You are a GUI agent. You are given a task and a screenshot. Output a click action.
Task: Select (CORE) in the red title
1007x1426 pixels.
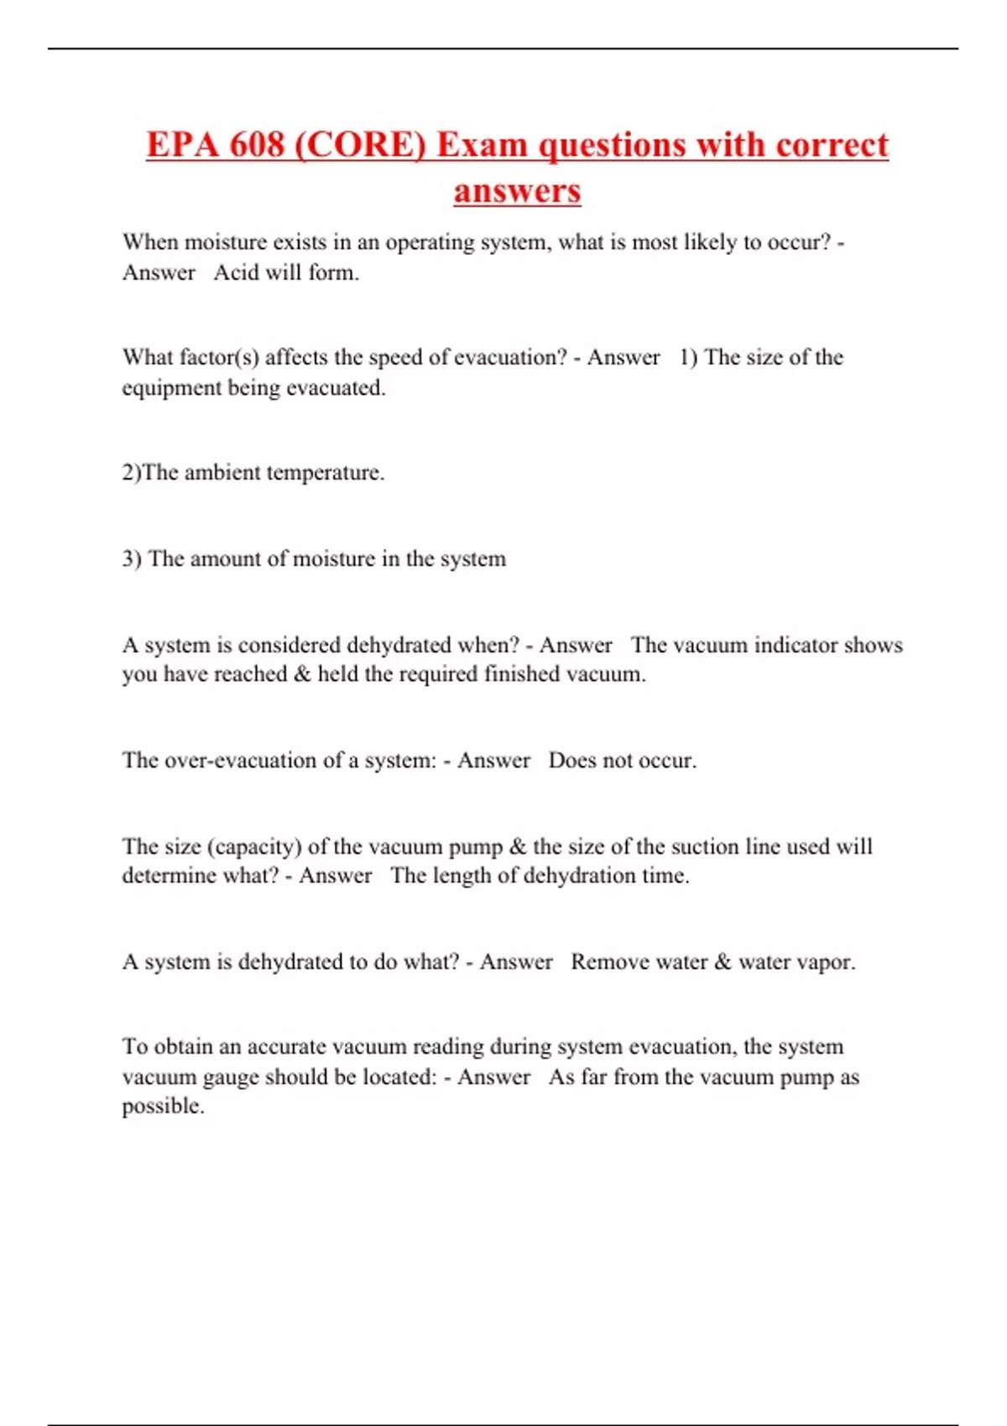point(360,144)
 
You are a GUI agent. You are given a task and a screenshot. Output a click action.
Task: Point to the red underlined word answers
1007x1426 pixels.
point(517,190)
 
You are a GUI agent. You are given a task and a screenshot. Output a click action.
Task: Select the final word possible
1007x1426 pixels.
point(163,1106)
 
